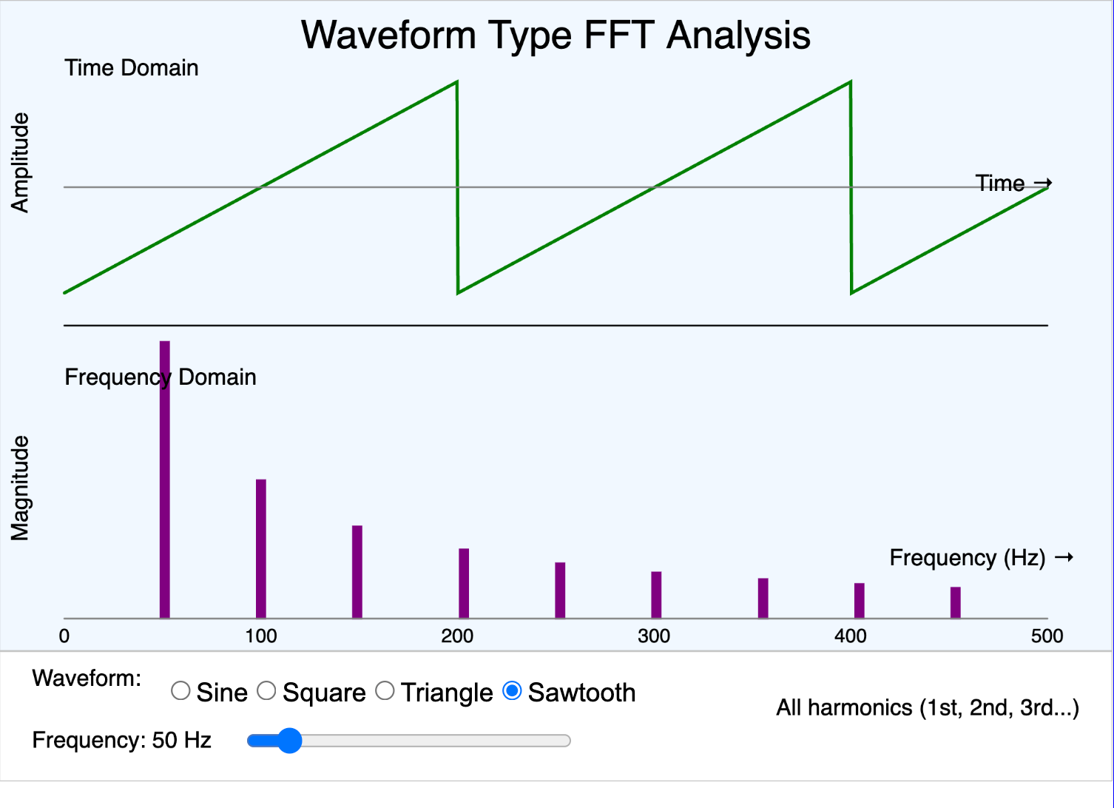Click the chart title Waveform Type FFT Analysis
click(556, 35)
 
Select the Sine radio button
click(180, 691)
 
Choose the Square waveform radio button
click(266, 691)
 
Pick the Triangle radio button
click(385, 691)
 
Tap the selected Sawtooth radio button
click(512, 691)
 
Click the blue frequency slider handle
click(289, 741)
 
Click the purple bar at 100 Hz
click(261, 548)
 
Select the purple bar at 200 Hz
click(464, 583)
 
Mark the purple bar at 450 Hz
click(956, 602)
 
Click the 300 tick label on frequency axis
click(654, 636)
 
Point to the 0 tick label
click(64, 636)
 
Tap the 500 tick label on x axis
click(1047, 636)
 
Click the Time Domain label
click(132, 68)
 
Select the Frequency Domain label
click(161, 377)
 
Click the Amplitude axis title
click(20, 163)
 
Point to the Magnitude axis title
click(20, 488)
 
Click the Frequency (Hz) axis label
click(968, 558)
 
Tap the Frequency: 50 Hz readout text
click(122, 740)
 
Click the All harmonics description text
click(928, 708)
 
